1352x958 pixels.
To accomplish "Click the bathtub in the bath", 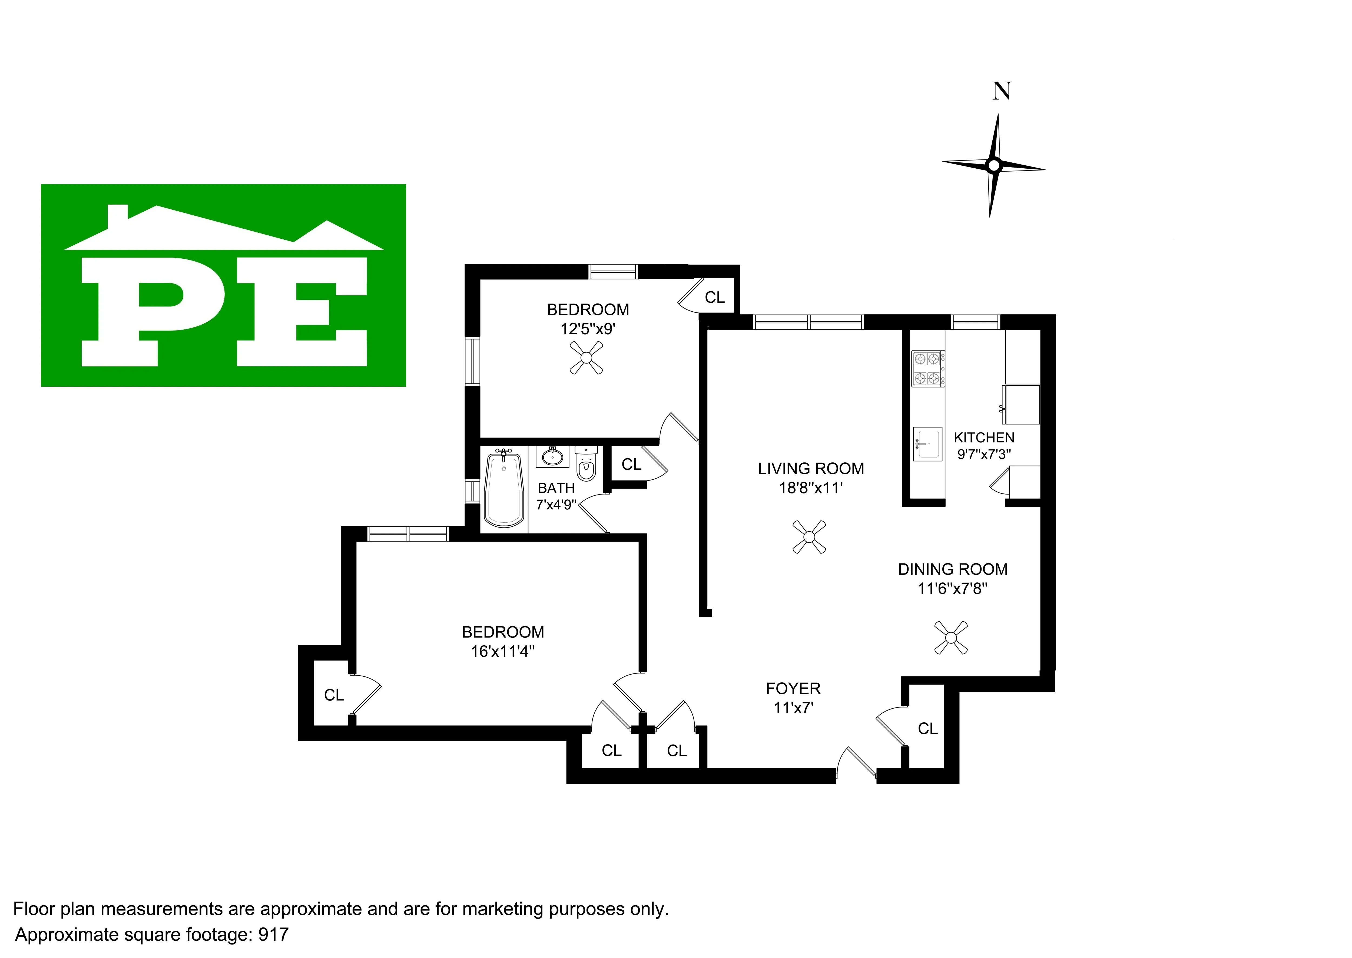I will pyautogui.click(x=503, y=490).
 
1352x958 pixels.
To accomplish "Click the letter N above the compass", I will pyautogui.click(x=1002, y=91).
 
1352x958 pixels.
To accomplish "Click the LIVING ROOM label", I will pyautogui.click(x=811, y=468).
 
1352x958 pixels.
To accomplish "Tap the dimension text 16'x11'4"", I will pyautogui.click(x=503, y=651).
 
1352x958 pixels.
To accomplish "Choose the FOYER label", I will pyautogui.click(x=793, y=688).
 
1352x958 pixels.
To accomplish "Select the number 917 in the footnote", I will pyautogui.click(x=273, y=934).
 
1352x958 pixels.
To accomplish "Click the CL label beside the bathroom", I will pyautogui.click(x=631, y=465).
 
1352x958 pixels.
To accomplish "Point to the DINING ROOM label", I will pyautogui.click(x=952, y=569).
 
